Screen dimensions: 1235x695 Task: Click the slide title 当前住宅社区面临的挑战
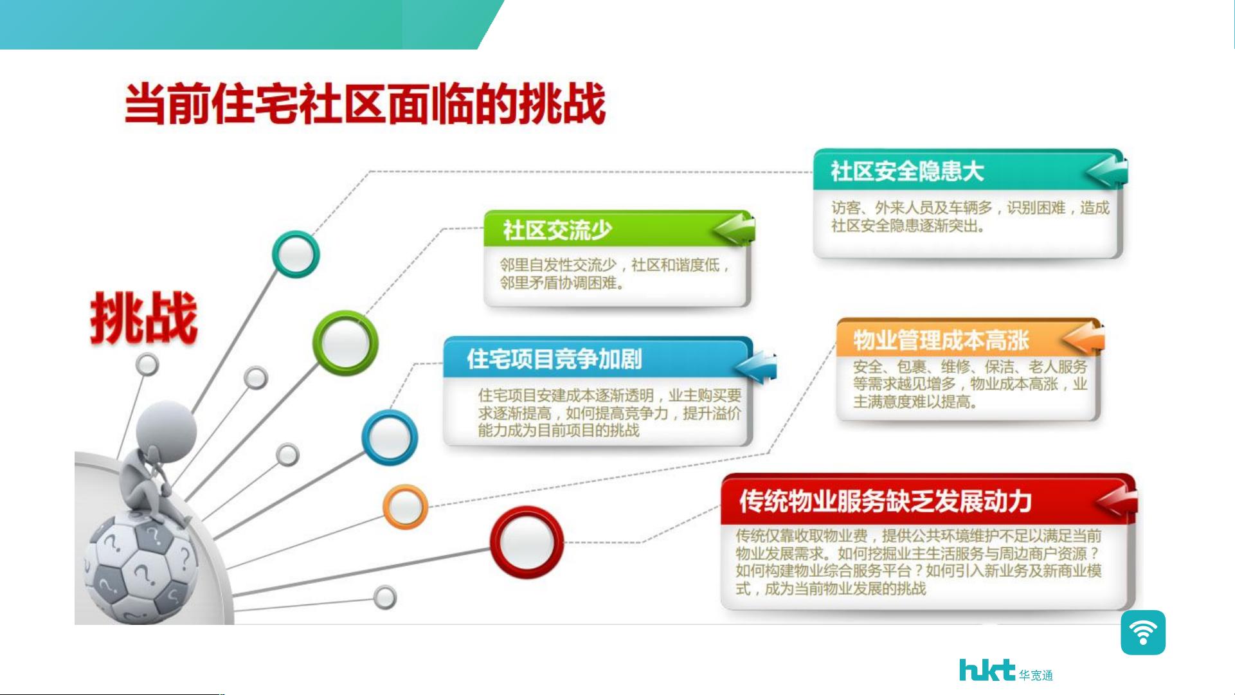point(365,104)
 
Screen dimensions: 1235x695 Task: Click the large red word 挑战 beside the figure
point(143,318)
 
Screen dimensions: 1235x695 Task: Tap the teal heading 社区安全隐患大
point(907,171)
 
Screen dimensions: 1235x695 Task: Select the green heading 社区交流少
point(557,230)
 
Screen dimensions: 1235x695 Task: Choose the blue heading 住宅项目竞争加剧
point(554,359)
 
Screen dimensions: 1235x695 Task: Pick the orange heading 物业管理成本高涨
point(941,340)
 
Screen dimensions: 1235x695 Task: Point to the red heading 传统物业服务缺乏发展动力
point(885,501)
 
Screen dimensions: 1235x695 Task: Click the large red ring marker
point(527,541)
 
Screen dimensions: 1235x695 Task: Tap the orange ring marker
point(405,507)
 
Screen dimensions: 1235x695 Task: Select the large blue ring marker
point(390,438)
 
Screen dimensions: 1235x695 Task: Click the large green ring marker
point(345,343)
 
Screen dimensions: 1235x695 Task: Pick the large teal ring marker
point(296,254)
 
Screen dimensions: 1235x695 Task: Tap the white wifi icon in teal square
point(1143,633)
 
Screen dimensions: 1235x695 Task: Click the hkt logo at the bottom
point(1006,671)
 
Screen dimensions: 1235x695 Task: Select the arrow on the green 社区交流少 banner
point(734,229)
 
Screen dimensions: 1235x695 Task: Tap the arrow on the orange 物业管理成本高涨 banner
point(1084,338)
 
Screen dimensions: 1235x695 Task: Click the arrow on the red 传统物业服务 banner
point(1117,501)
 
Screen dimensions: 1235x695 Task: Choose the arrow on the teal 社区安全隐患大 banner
point(1106,171)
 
